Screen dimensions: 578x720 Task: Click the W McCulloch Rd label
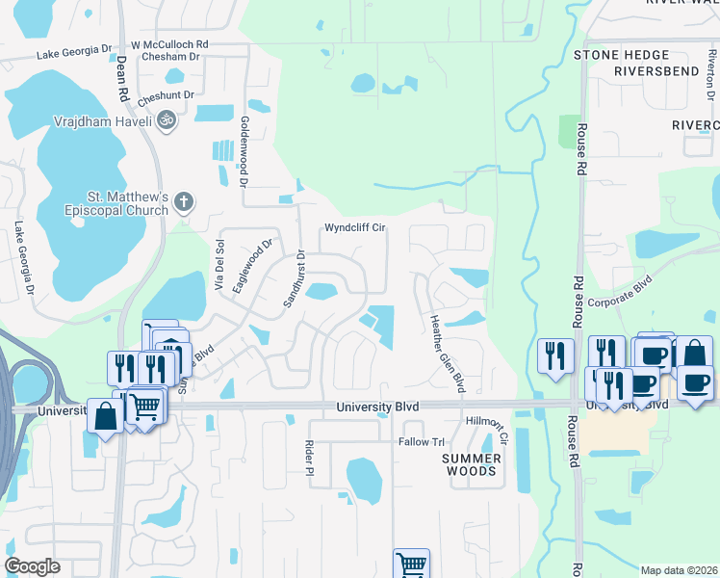(169, 44)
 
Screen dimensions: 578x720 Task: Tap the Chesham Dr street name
(168, 57)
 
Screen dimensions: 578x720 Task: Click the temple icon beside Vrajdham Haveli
(167, 120)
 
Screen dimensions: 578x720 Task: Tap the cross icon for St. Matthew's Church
(184, 203)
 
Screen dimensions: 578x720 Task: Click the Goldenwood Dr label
(244, 152)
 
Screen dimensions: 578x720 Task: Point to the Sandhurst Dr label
(294, 279)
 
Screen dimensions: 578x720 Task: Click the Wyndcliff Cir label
(354, 228)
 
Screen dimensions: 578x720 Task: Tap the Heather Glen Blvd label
(447, 353)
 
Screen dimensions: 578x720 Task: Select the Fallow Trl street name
(422, 442)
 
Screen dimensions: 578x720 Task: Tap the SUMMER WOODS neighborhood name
(472, 464)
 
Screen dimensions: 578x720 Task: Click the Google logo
(32, 566)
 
